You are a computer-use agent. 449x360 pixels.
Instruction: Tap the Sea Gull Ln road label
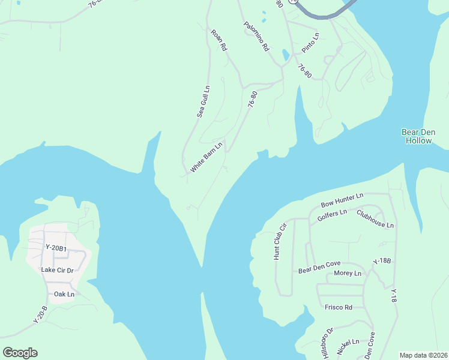click(x=204, y=101)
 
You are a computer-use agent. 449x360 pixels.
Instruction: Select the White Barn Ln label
click(x=206, y=157)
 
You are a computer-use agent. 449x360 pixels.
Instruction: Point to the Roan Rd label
click(x=219, y=39)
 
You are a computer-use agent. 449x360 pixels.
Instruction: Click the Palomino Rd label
click(x=257, y=36)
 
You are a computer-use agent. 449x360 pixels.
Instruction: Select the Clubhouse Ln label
click(x=375, y=219)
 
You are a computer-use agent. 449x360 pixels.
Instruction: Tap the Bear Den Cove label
click(x=320, y=270)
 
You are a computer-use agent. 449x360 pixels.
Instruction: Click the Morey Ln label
click(x=348, y=274)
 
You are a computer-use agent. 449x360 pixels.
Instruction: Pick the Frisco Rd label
click(x=338, y=307)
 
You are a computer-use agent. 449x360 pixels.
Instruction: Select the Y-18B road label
click(x=382, y=261)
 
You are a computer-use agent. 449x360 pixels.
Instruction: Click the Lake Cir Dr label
click(x=57, y=270)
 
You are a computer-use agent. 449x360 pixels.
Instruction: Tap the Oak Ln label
click(x=64, y=294)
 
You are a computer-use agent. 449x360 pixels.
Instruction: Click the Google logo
click(x=20, y=353)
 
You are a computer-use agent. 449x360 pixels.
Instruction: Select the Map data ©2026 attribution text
click(x=423, y=355)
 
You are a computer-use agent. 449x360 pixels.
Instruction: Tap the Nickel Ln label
click(x=348, y=347)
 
